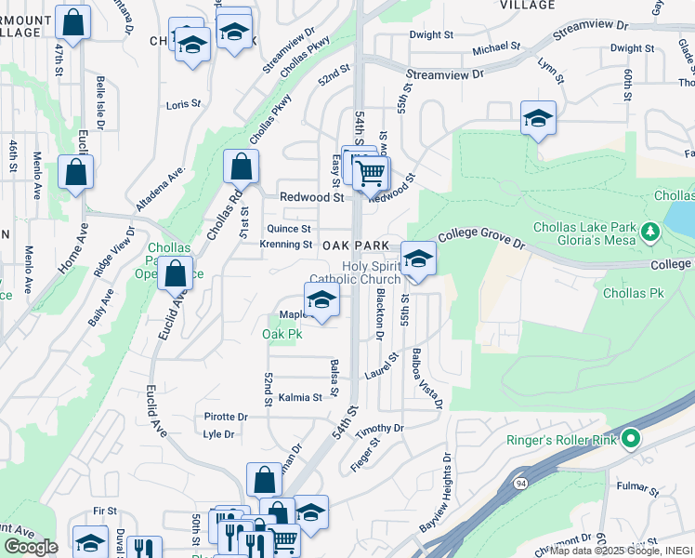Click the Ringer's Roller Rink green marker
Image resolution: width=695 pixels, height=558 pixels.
[631, 437]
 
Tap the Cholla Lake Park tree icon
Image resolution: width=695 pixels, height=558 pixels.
[650, 229]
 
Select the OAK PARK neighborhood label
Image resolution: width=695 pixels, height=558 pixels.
[355, 245]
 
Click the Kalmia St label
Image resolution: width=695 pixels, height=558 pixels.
[300, 397]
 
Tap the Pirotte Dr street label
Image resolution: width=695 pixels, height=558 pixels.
[226, 418]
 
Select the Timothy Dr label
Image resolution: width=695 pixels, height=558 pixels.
[386, 429]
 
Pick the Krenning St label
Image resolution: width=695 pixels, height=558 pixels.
[286, 245]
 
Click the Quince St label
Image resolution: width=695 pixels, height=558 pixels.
[289, 229]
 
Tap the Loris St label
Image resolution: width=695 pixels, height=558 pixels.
[183, 105]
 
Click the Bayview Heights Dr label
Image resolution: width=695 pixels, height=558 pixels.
[439, 494]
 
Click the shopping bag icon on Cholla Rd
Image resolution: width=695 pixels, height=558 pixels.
[241, 167]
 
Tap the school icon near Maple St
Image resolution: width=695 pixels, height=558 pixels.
[321, 299]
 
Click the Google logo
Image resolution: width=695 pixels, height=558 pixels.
[31, 547]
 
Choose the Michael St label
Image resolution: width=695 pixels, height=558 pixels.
[496, 47]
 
